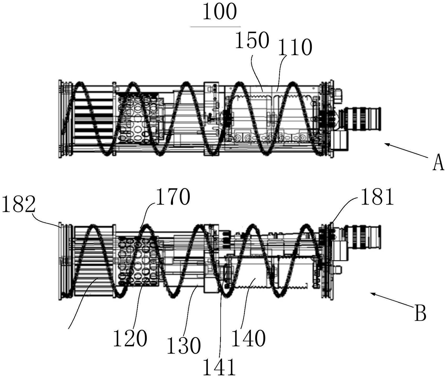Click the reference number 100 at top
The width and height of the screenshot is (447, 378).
coord(220,12)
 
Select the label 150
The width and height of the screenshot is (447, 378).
coord(252,41)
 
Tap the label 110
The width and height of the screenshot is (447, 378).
coord(295,47)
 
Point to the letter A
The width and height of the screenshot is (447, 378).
coord(438,163)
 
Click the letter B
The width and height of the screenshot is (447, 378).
coord(420,313)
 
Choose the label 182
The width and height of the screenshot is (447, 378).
coord(18,205)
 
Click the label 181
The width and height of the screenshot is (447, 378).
coord(377,197)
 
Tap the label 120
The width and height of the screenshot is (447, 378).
coord(130,338)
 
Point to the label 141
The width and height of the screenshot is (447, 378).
coord(219,367)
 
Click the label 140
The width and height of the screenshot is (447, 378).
coord(249,338)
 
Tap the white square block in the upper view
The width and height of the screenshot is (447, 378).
coord(339,140)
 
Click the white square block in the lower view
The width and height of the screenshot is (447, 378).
coord(340,251)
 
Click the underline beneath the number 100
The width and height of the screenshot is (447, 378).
coord(215,27)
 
